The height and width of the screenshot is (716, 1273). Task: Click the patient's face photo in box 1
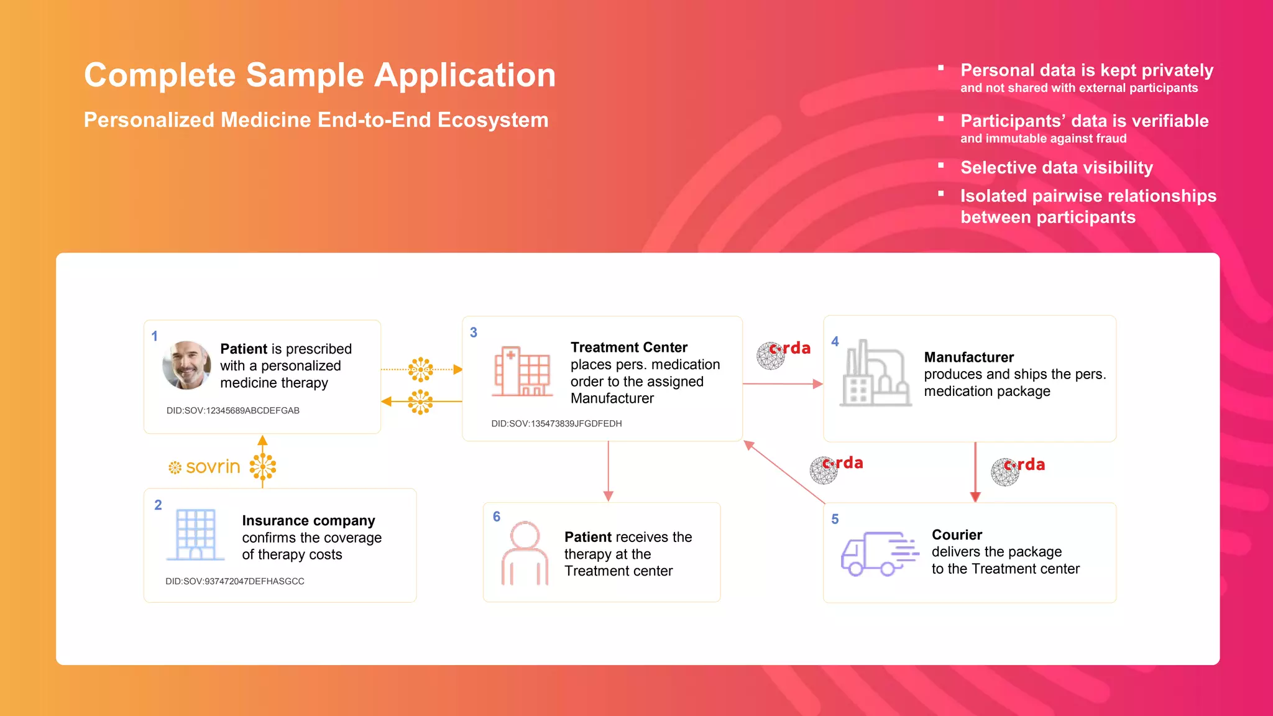tap(186, 365)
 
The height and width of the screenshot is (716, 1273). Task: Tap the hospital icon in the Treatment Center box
tap(522, 372)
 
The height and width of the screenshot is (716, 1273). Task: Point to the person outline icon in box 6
tap(525, 553)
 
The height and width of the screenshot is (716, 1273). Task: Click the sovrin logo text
tap(213, 467)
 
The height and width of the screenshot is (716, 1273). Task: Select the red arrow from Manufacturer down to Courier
tap(975, 472)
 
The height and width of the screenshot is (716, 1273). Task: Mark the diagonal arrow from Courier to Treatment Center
tap(784, 472)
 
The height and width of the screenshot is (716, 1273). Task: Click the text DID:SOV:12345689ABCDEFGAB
tap(232, 410)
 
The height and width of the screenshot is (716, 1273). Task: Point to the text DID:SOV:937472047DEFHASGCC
tap(234, 581)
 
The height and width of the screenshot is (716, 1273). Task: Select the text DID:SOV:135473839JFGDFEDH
tap(556, 423)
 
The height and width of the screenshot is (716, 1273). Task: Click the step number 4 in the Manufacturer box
tap(835, 341)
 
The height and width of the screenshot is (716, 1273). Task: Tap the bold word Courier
tap(957, 535)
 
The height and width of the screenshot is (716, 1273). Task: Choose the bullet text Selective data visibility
tap(1056, 168)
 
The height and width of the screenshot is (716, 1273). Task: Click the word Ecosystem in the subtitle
tap(493, 120)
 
